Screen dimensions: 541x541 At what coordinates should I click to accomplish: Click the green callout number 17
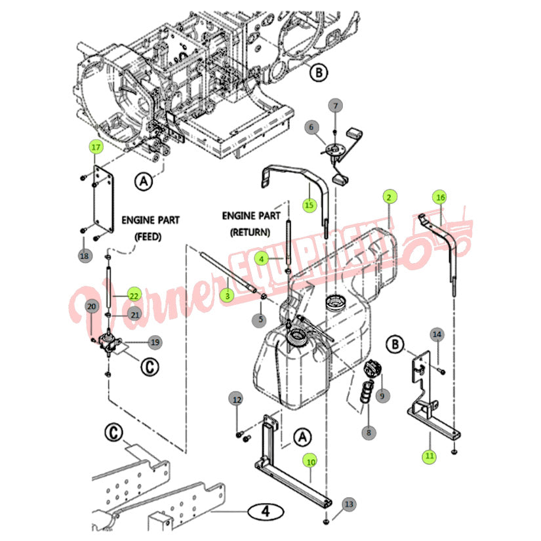coord(96,147)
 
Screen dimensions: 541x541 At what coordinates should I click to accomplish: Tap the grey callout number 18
coord(85,256)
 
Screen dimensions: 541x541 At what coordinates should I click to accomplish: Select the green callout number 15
coord(309,205)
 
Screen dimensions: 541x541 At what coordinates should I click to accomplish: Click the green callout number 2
coord(390,197)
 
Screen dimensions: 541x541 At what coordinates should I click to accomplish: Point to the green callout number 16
coord(440,197)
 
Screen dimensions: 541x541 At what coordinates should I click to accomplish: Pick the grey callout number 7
coord(335,106)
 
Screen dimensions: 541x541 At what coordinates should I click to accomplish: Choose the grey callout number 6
coord(311,128)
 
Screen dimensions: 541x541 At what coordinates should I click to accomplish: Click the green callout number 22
coord(134,295)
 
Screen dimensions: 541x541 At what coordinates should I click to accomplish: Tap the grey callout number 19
coord(155,342)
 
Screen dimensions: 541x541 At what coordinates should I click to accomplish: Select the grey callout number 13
coord(349,504)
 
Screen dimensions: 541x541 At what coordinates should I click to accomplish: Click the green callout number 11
coord(430,456)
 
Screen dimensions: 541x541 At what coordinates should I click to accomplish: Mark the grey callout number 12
coord(237,399)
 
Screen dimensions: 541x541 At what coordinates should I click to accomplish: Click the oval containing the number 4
coord(266,511)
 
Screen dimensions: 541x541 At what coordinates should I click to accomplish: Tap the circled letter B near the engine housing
coord(319,72)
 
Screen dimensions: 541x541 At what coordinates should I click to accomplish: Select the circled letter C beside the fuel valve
coord(150,367)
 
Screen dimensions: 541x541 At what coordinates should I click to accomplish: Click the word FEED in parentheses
coord(148,237)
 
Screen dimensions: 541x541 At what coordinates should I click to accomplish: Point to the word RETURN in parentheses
coord(250,232)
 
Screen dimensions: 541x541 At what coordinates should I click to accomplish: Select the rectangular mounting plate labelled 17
coord(103,199)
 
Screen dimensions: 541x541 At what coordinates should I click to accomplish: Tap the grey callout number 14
coord(437,334)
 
